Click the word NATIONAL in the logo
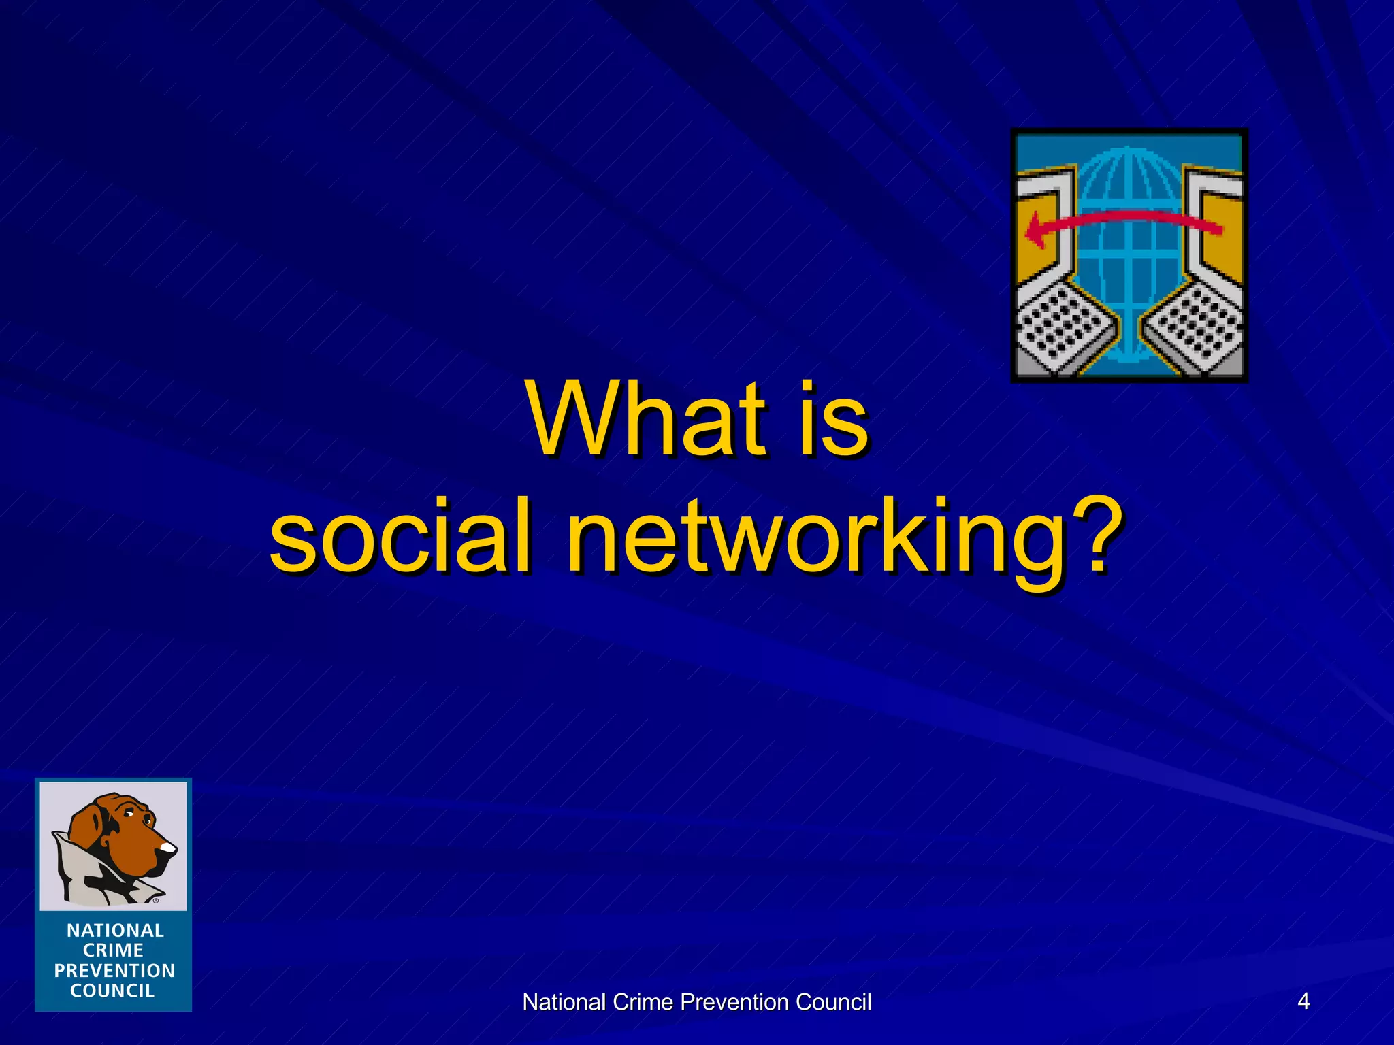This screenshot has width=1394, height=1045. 115,930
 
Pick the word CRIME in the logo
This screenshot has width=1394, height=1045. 113,950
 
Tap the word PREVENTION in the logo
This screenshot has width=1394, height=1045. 114,970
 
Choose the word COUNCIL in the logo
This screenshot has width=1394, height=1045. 112,991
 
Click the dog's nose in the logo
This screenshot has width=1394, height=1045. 167,848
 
